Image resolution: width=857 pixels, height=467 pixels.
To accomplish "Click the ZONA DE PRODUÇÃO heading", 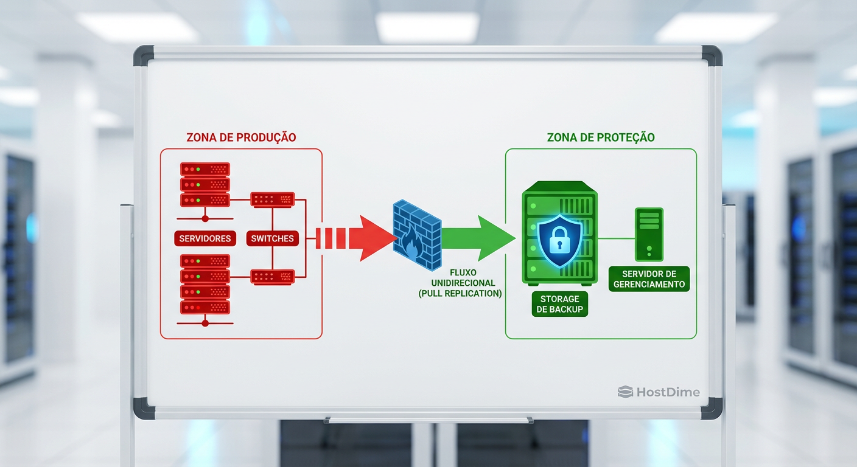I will (241, 137).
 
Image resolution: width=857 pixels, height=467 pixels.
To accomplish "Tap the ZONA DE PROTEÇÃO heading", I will (600, 137).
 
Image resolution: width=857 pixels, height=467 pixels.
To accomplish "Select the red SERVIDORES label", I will (205, 238).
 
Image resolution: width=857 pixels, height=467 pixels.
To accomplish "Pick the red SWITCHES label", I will (272, 238).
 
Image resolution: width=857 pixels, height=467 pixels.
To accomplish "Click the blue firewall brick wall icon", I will (417, 234).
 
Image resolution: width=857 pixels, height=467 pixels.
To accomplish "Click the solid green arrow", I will (478, 237).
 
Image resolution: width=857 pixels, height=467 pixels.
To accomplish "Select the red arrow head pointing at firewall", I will (374, 238).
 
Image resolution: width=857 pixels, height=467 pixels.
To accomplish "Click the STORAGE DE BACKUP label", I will (559, 304).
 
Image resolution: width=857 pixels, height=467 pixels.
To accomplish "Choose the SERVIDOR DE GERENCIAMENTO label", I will (649, 278).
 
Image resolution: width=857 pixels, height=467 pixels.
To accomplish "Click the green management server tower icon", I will (649, 234).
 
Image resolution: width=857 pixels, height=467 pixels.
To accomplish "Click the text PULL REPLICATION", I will (460, 294).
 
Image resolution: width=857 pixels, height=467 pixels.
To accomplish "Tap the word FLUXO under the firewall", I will (464, 273).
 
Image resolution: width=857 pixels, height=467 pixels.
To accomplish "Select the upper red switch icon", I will (273, 199).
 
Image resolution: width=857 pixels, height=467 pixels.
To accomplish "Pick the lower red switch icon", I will (273, 277).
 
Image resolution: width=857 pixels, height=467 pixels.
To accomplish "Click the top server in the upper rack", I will (205, 168).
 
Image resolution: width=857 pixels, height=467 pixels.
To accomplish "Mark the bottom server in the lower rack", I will (205, 307).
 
